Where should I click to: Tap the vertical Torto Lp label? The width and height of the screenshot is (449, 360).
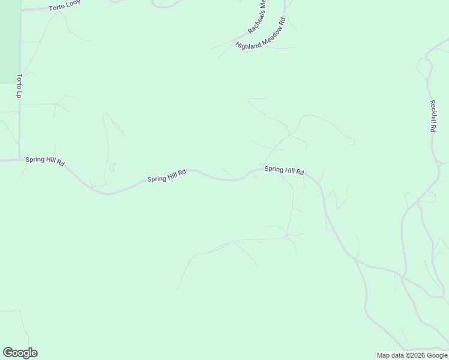tap(20, 86)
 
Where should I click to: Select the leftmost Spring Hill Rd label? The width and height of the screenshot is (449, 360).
tap(45, 161)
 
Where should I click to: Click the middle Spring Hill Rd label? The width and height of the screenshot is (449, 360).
tap(166, 176)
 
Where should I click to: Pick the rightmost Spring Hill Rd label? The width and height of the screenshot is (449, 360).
tap(284, 171)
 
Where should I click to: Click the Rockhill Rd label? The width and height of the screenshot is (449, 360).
tap(433, 115)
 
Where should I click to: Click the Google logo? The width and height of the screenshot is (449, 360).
tap(20, 353)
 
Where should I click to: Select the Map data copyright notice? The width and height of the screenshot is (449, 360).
tap(412, 355)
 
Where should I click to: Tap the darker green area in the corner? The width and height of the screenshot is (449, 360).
tap(9, 42)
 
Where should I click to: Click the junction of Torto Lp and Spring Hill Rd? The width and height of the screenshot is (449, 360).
tap(20, 160)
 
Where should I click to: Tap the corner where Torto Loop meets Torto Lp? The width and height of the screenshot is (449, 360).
tap(21, 10)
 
